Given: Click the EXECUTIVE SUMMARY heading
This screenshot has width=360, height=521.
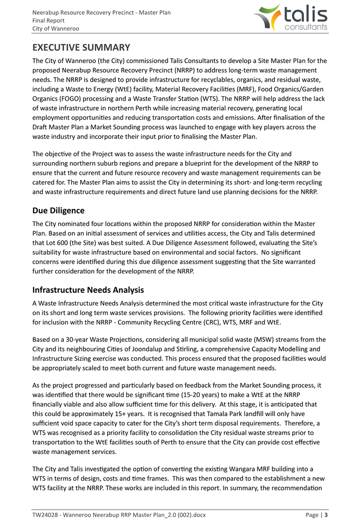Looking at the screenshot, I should [81, 48].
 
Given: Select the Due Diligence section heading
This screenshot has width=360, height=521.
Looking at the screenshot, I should [58, 210].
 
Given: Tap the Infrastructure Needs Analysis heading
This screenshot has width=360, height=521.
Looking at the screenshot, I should [88, 290].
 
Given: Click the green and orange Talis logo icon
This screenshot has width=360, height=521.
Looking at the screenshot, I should [267, 17].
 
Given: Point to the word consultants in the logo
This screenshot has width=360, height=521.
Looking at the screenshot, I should [306, 27].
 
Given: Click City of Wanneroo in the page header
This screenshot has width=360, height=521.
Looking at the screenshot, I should [56, 29].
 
